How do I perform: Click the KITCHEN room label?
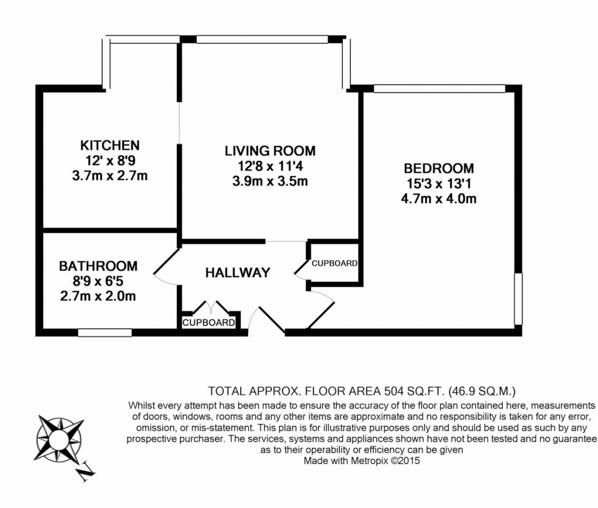[110, 145]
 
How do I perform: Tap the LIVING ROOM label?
[270, 151]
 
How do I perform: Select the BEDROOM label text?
[439, 169]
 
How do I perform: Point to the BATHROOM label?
[98, 266]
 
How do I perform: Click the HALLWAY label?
[238, 272]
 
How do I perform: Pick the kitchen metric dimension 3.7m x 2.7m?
[110, 176]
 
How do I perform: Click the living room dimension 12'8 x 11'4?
[270, 166]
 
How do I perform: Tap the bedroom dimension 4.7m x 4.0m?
[439, 198]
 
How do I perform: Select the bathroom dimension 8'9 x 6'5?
[98, 281]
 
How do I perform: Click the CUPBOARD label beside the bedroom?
[334, 263]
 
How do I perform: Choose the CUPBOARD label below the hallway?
[209, 323]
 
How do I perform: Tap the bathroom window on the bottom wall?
[105, 332]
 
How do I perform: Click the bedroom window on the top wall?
[439, 89]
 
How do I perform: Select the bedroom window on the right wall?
[517, 299]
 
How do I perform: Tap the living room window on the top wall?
[262, 40]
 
